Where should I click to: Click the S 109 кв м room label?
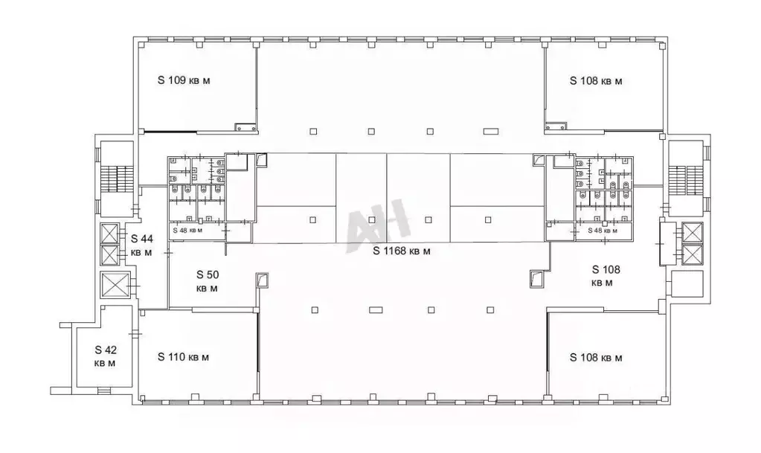[184, 80]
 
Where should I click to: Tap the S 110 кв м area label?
[184, 357]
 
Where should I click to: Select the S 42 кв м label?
[106, 356]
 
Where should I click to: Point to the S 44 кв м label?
[142, 245]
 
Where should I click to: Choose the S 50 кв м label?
[208, 281]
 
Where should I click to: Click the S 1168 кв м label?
[402, 251]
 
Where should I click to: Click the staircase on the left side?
[117, 181]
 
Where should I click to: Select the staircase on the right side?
[685, 181]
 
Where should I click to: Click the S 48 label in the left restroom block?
[187, 230]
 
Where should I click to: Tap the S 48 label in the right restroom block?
[603, 230]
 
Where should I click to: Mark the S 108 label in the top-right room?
[596, 81]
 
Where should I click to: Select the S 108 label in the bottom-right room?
[596, 358]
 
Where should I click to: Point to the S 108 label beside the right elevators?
[606, 276]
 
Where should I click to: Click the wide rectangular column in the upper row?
[491, 131]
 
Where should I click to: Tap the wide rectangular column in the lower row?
[376, 309]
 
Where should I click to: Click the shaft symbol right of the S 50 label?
[262, 280]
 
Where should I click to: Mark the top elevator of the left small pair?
[109, 234]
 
